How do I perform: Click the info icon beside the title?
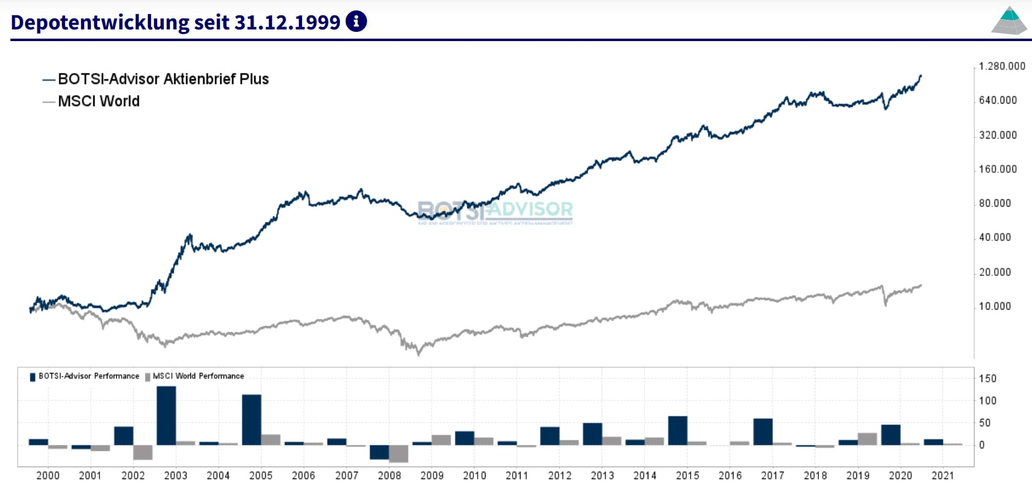(x=356, y=21)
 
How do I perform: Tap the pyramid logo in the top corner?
(x=1009, y=21)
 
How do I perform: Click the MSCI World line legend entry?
(x=98, y=101)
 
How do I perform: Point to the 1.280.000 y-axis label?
(x=1001, y=66)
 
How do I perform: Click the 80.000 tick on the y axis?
(x=995, y=203)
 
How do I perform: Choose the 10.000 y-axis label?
(x=995, y=306)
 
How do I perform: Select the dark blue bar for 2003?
(x=166, y=415)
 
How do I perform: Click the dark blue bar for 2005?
(x=252, y=420)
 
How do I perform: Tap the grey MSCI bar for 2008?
(x=398, y=453)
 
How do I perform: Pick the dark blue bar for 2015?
(x=678, y=430)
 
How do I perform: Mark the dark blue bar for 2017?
(x=763, y=431)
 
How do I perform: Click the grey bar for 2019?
(x=867, y=439)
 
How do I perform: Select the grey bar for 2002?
(x=143, y=452)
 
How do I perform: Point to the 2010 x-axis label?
(x=474, y=475)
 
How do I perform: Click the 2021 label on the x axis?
(x=942, y=475)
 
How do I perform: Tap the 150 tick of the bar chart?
(x=987, y=378)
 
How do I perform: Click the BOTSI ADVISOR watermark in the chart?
(x=495, y=211)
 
